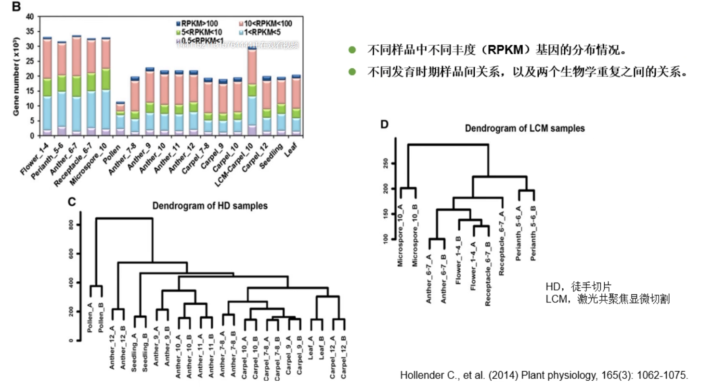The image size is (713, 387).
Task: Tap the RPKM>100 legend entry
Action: [x=196, y=23]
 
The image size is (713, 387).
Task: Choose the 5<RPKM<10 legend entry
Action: [x=196, y=32]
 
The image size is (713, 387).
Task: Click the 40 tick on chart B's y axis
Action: [x=30, y=17]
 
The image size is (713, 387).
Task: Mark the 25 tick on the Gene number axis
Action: [x=30, y=62]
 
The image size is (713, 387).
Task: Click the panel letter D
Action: [x=384, y=124]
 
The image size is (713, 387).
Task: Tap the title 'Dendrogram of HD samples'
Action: [x=210, y=206]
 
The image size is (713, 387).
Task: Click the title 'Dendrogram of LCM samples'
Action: [x=525, y=128]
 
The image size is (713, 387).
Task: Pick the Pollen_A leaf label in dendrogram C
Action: [x=90, y=318]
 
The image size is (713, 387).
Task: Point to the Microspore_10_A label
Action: [x=400, y=235]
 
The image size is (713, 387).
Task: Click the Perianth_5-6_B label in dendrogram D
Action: [x=532, y=233]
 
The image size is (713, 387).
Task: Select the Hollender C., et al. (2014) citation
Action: [x=544, y=375]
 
